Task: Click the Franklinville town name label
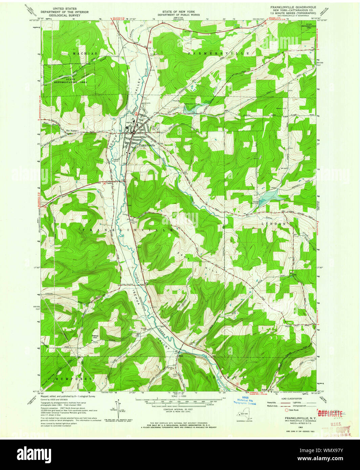click(x=147, y=145)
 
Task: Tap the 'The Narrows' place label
click(x=72, y=131)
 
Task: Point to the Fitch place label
click(x=180, y=356)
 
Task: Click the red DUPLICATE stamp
click(x=330, y=413)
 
